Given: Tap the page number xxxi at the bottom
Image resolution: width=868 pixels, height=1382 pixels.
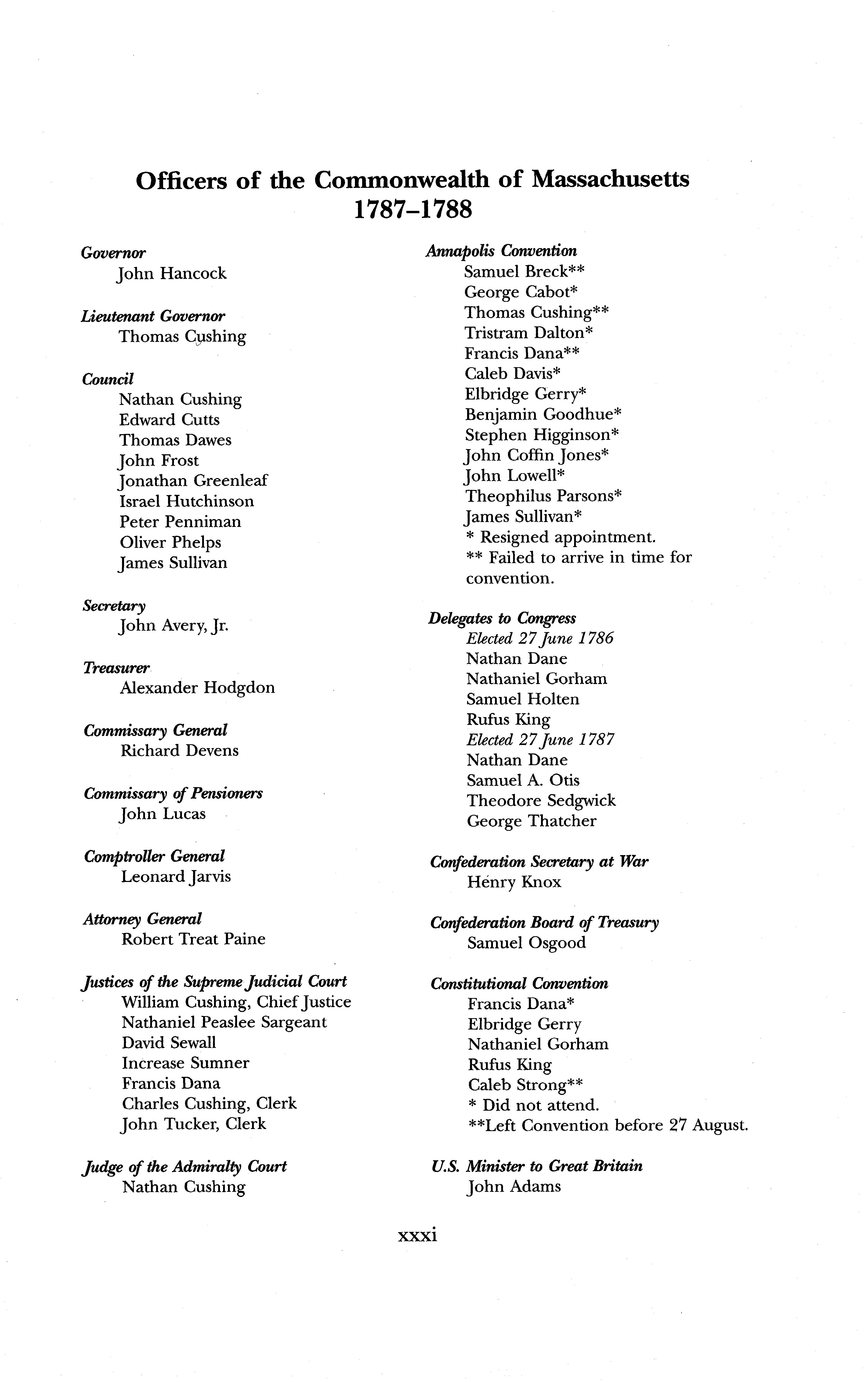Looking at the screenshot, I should point(417,1234).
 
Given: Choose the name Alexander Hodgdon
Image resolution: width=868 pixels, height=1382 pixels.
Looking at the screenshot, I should point(197,688).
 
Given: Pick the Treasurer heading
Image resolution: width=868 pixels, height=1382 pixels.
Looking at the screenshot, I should point(116,667).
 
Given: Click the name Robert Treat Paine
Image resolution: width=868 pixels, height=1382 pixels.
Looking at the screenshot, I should point(193,939).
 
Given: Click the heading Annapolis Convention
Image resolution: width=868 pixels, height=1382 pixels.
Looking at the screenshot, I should point(501,251).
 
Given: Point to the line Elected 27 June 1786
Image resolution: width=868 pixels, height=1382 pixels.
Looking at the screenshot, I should point(540,638).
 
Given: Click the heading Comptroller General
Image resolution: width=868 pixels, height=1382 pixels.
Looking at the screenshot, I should point(154,856).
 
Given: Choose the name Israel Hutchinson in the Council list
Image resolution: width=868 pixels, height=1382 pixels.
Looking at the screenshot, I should point(186,501).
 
